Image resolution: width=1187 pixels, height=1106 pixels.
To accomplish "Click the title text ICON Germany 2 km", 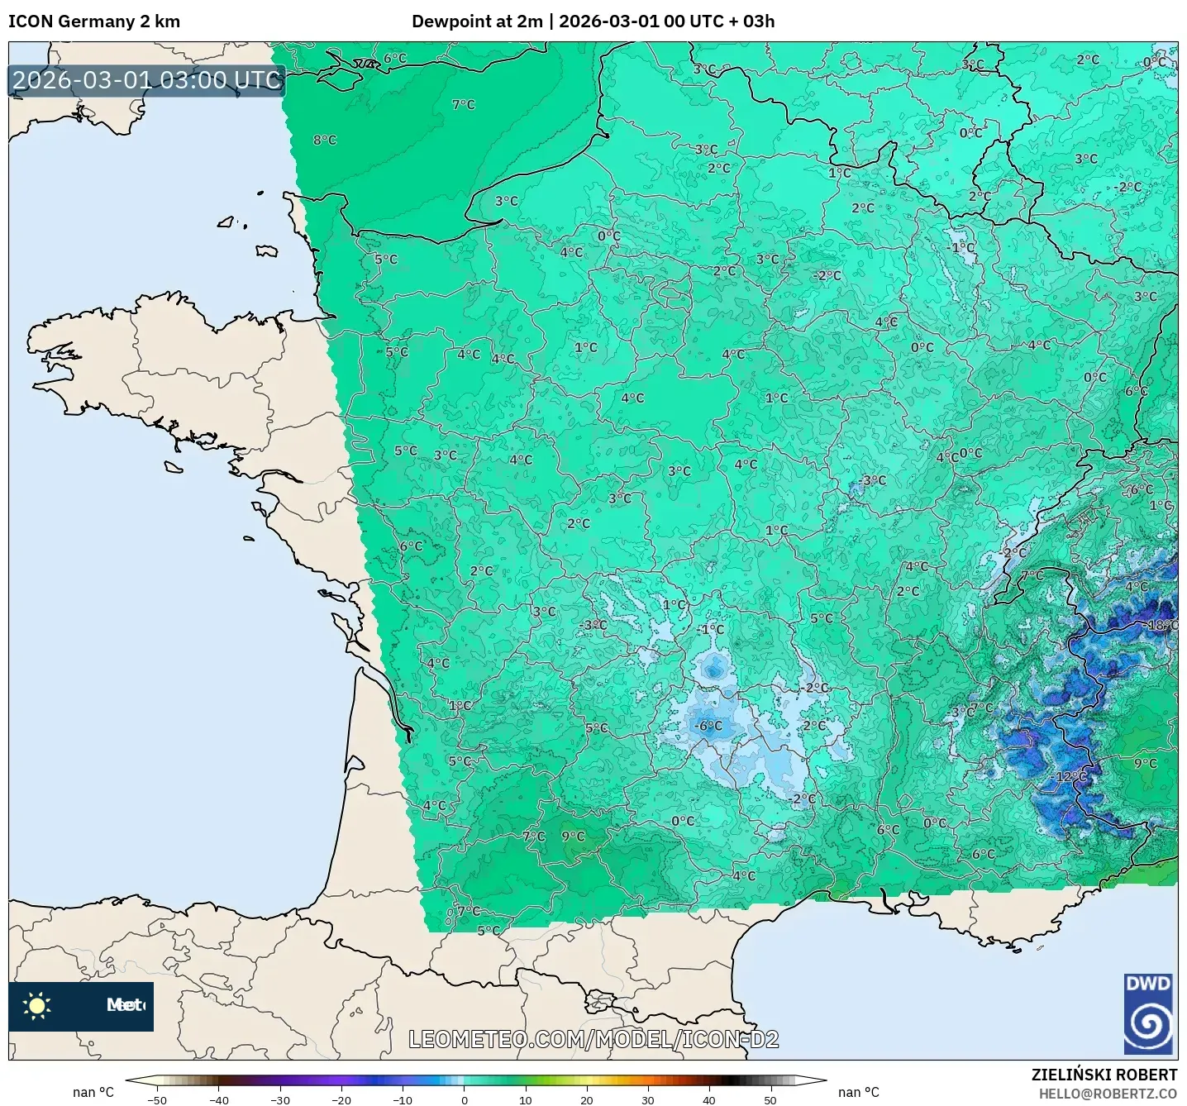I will [94, 21].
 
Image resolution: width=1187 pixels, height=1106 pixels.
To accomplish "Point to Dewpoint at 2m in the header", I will [477, 21].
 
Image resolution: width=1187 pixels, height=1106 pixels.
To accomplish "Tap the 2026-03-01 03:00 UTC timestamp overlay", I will [147, 80].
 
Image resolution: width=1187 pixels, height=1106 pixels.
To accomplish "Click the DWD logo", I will [1148, 1014].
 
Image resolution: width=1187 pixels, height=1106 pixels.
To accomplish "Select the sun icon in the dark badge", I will [37, 1006].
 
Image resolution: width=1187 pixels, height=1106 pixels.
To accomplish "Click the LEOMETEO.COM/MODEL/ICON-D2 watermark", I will [593, 1039].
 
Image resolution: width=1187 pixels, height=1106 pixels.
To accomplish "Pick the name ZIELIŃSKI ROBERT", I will [1104, 1075].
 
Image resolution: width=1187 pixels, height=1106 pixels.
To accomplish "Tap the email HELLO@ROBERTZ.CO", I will [1108, 1094].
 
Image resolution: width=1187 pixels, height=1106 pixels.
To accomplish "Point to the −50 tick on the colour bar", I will [156, 1099].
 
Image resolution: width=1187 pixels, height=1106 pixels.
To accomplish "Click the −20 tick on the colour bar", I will [341, 1099].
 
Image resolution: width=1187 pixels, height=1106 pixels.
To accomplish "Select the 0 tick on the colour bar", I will [464, 1099].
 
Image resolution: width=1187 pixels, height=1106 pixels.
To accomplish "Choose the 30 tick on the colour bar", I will [647, 1099].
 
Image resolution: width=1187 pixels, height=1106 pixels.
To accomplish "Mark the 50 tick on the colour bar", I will [770, 1099].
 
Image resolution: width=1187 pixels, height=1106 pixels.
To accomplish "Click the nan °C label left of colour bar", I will [93, 1092].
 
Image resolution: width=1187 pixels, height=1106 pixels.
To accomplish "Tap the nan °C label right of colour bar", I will [859, 1092].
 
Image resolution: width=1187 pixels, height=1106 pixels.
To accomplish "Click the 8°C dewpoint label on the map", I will [325, 141].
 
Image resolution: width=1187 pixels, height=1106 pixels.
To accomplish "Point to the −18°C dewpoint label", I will [1161, 625].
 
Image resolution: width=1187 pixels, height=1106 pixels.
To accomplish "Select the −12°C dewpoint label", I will [1071, 777].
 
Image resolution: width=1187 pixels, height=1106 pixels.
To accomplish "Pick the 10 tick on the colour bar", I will [525, 1099].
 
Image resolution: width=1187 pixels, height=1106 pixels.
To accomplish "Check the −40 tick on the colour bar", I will [218, 1099].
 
